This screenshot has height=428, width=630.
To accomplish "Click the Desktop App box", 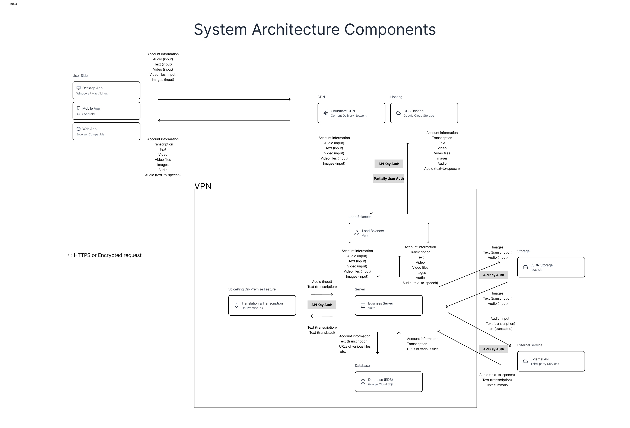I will pyautogui.click(x=106, y=90).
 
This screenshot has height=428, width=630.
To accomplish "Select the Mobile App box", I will pyautogui.click(x=106, y=111).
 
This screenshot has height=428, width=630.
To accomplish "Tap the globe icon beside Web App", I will pyautogui.click(x=79, y=129).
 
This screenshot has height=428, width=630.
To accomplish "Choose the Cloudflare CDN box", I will pyautogui.click(x=351, y=113).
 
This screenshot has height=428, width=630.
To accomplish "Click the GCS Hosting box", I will pyautogui.click(x=424, y=113).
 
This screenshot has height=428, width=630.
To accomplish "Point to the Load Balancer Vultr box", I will pyautogui.click(x=389, y=233).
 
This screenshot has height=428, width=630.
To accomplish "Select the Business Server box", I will pyautogui.click(x=388, y=305).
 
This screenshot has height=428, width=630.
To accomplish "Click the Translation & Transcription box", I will pyautogui.click(x=262, y=305).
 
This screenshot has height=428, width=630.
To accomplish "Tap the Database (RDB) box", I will pyautogui.click(x=388, y=382).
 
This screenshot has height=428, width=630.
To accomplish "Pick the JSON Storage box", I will pyautogui.click(x=551, y=267).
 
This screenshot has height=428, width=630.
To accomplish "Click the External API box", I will pyautogui.click(x=551, y=361).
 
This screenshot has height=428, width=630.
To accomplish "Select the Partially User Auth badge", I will pyautogui.click(x=388, y=178).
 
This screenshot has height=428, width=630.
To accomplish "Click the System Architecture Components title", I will pyautogui.click(x=315, y=29).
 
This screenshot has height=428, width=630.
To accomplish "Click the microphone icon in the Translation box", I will pyautogui.click(x=236, y=306).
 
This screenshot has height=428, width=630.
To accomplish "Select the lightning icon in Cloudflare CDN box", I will pyautogui.click(x=326, y=113).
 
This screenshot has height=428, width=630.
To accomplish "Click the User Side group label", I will pyautogui.click(x=80, y=75).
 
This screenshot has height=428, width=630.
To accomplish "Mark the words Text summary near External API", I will pyautogui.click(x=497, y=385).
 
